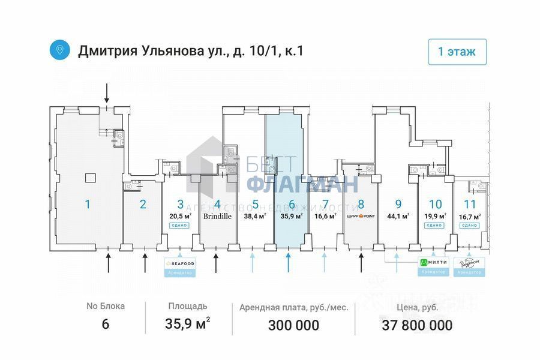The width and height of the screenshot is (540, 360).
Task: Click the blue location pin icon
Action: point(59,50)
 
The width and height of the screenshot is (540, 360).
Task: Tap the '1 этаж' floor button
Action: point(457,52)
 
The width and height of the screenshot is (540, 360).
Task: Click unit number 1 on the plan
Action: point(88,204)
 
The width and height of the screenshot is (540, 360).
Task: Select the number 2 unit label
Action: point(143,204)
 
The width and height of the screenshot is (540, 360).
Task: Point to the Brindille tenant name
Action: point(217,215)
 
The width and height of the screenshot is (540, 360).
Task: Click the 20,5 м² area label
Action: point(180,216)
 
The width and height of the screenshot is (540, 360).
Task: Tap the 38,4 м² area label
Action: point(255,216)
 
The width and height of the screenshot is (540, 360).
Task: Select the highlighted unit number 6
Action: point(292,204)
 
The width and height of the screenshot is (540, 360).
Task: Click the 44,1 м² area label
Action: point(398,216)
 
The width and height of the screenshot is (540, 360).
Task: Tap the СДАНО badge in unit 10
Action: point(435,226)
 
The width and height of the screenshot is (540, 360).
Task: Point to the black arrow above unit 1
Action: point(107,92)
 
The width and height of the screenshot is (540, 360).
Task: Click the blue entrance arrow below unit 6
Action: point(289,262)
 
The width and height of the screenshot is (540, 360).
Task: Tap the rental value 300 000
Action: point(294,326)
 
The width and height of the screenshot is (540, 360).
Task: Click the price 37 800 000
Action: point(417,326)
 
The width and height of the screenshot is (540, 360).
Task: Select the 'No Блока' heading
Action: point(106,307)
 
